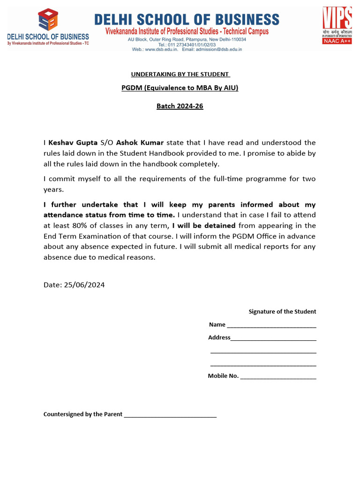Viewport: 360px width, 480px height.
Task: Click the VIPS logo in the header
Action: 337,19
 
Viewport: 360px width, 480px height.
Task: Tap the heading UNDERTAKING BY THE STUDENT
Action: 180,74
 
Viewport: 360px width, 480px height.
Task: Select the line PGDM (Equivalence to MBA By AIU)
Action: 180,88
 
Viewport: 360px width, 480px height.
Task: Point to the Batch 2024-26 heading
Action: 180,106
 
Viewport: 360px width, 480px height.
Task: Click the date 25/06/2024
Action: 84,285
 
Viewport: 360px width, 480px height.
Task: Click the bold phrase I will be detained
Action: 203,225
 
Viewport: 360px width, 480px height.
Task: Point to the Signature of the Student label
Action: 282,312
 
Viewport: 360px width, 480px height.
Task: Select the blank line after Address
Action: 273,338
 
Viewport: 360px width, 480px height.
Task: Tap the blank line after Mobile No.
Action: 278,376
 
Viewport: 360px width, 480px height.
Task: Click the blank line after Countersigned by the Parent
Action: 170,415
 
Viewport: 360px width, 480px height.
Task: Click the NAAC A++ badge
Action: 336,41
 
